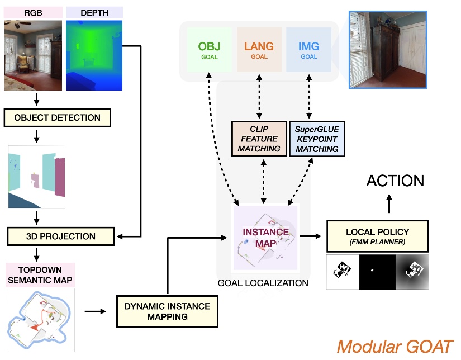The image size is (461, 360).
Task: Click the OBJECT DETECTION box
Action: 58,118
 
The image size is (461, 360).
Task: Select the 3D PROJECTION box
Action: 60,236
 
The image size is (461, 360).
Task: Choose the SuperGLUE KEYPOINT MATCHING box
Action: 317,139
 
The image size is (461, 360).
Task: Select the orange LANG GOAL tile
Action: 259,50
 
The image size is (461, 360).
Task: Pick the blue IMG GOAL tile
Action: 308,50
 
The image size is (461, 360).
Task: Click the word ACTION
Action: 395,181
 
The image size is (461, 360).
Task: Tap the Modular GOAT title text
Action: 395,347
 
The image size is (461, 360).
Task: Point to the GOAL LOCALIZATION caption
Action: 263,283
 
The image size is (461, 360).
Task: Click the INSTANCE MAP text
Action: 265,237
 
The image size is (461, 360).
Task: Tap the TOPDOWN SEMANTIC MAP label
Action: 40,274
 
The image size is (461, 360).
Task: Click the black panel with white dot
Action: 377,272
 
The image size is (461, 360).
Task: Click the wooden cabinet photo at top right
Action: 387,49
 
